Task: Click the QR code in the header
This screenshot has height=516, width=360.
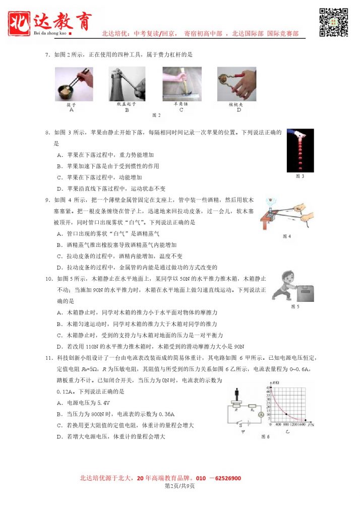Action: click(334, 22)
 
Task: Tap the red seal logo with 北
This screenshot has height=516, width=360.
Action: click(20, 23)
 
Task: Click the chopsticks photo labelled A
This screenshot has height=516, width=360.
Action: click(74, 84)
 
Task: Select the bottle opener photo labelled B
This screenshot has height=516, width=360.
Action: click(127, 84)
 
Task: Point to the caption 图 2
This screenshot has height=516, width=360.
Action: click(156, 116)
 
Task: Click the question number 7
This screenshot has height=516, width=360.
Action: click(46, 54)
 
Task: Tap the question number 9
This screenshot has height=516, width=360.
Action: click(46, 200)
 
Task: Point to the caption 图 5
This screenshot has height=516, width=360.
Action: click(295, 306)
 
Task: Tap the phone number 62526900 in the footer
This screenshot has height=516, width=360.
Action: click(224, 478)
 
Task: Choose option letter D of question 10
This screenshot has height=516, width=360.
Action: click(59, 347)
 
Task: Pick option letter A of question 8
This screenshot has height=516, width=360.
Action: click(59, 155)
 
